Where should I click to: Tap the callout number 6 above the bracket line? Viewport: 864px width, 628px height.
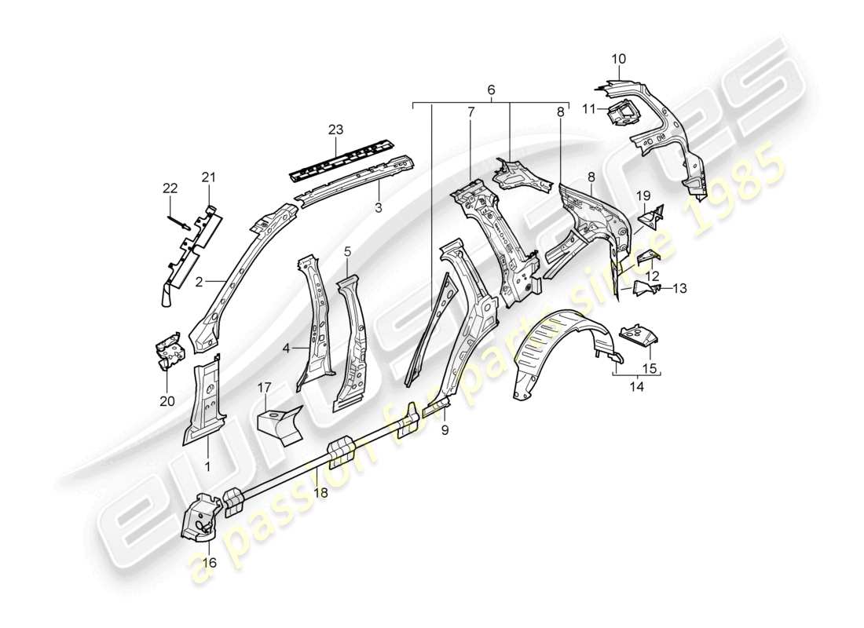(491, 90)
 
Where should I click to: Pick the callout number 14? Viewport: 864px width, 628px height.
(635, 385)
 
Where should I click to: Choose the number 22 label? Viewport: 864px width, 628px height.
(170, 188)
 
